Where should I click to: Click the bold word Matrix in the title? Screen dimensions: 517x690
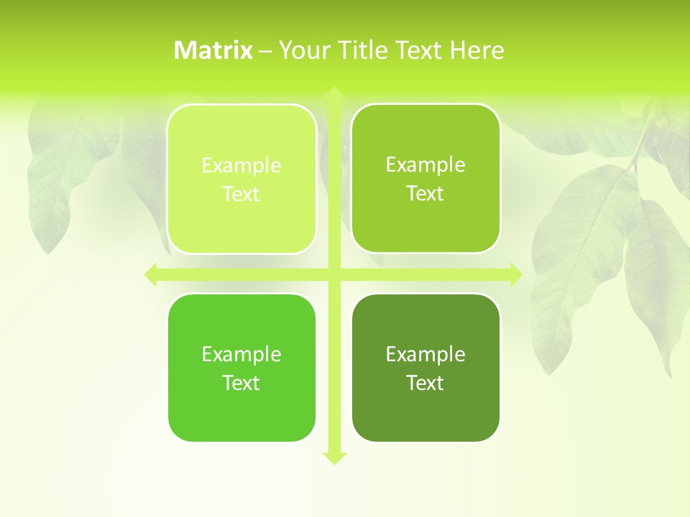coord(213,50)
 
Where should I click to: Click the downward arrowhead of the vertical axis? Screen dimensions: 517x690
coord(333,457)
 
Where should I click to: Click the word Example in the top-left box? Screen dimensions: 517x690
coord(241,166)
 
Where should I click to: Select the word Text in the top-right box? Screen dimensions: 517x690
coord(425,194)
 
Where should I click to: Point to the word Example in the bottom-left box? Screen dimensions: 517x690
coord(241,355)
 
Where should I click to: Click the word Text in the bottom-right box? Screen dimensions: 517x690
coord(425,383)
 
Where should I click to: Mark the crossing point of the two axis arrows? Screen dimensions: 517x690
coord(333,274)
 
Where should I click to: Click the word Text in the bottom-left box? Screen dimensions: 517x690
coord(241,383)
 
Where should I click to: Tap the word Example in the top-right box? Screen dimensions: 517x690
coord(425,165)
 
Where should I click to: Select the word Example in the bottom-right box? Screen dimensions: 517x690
coord(425,355)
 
